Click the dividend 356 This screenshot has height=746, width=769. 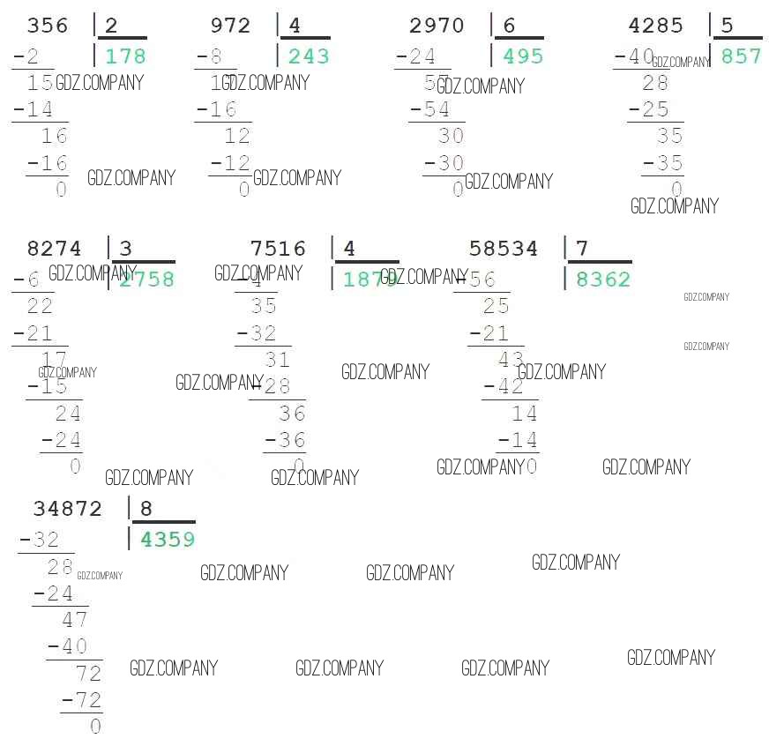click(48, 26)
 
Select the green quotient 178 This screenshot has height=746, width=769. click(125, 57)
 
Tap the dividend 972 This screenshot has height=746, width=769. click(231, 26)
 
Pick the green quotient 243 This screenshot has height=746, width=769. click(309, 57)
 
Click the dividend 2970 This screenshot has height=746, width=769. click(437, 26)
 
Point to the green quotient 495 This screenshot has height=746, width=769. click(523, 57)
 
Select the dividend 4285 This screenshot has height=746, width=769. click(655, 26)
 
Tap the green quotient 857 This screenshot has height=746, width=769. click(741, 57)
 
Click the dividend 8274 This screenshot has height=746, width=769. click(55, 250)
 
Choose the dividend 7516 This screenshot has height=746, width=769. click(278, 250)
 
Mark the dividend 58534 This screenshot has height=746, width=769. click(504, 250)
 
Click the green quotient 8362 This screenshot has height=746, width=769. click(603, 280)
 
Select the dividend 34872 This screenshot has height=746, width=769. click(68, 509)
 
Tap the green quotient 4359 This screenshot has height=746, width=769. click(168, 540)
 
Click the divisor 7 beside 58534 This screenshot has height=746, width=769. click(582, 250)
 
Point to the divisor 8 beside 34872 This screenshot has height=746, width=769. click(146, 509)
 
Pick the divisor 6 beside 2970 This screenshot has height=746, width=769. click(509, 26)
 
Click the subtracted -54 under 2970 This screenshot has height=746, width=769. click(430, 110)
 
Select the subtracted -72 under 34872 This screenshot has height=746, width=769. click(82, 701)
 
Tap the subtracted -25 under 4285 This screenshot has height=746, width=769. click(649, 110)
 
